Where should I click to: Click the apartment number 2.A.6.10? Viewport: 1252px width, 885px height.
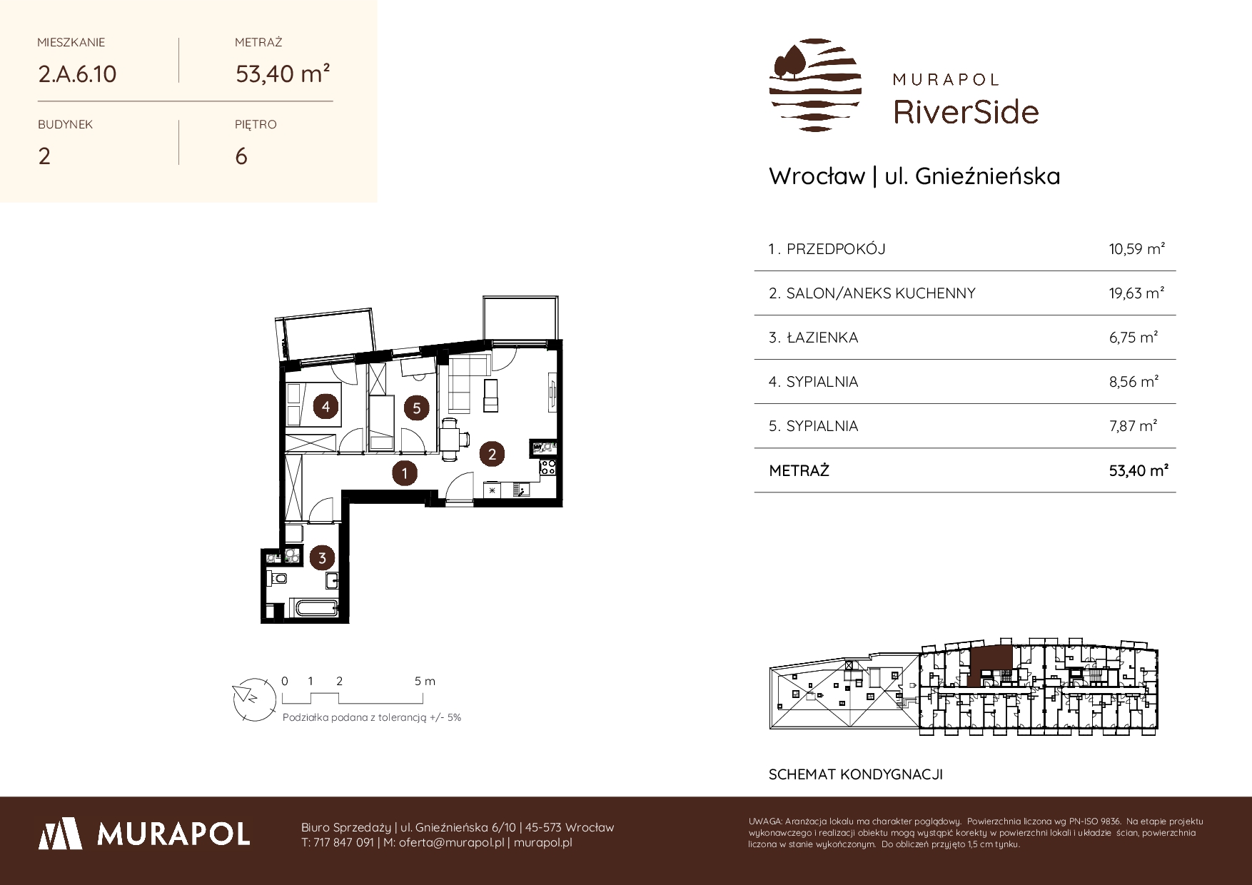(77, 74)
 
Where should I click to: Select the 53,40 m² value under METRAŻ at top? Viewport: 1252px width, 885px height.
(283, 74)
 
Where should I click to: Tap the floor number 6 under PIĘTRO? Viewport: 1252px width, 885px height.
(241, 156)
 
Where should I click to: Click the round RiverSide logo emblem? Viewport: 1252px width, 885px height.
(815, 85)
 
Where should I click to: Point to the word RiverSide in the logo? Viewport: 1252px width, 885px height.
(966, 112)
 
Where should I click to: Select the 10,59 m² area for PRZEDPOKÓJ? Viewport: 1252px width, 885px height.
(1136, 249)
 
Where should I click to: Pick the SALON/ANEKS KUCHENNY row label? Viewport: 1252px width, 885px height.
(881, 293)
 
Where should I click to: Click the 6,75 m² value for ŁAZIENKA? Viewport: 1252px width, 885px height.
(1133, 338)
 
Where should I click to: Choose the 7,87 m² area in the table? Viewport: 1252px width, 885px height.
(1133, 426)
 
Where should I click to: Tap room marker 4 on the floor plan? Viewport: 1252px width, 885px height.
(326, 407)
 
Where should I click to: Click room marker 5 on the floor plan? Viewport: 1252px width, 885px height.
(416, 408)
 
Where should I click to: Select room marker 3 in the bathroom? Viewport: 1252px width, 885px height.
(323, 558)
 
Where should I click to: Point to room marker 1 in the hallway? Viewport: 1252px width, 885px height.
(405, 472)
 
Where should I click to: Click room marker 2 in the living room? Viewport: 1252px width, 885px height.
(492, 453)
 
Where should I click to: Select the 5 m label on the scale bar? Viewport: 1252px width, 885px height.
(425, 681)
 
